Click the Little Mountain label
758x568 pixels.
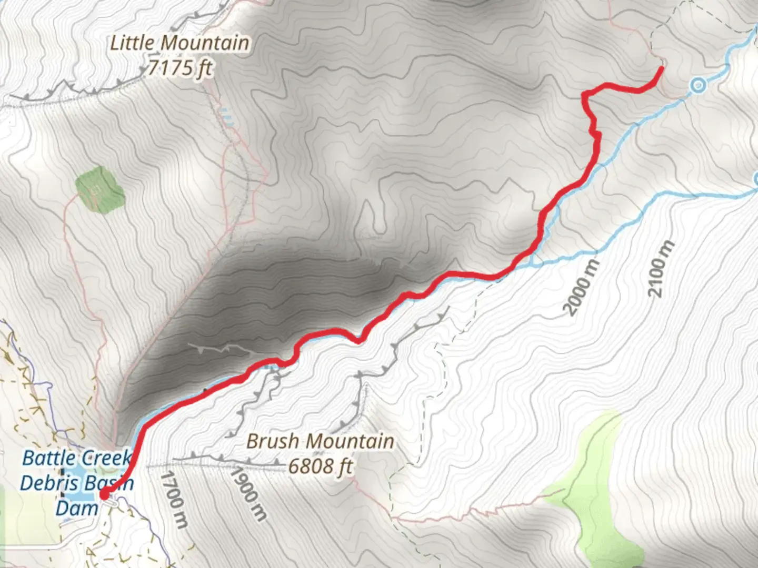point(179,43)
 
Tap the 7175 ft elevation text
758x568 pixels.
point(180,68)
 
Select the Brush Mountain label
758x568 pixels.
point(320,441)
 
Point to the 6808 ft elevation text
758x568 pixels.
point(320,466)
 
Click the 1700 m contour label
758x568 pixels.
point(174,499)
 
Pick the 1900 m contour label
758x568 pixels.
point(247,493)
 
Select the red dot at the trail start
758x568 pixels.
point(104,494)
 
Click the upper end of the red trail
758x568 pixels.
point(661,68)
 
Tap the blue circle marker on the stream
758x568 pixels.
point(698,85)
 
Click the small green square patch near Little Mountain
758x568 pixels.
point(99,189)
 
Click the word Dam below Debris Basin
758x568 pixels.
point(77,508)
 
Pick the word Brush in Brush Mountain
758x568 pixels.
point(273,441)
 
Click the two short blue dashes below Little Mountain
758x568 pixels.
point(226,117)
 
